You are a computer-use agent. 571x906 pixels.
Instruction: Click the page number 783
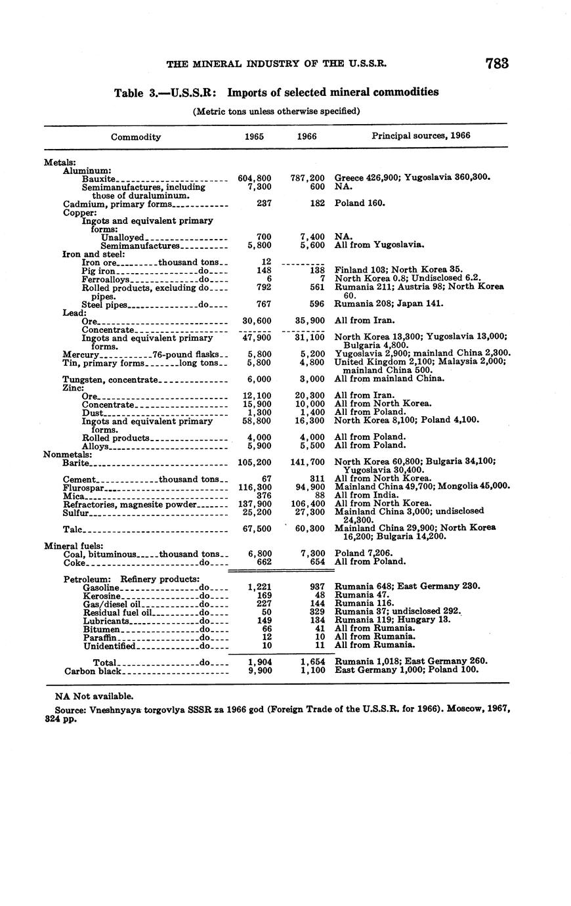497,64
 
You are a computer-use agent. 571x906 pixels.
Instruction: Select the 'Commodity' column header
136,137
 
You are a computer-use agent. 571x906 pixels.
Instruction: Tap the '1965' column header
254,137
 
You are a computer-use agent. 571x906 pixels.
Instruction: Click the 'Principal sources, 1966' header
421,136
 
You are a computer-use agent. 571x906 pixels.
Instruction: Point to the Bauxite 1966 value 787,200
308,178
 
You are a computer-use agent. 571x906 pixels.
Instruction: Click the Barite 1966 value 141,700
308,462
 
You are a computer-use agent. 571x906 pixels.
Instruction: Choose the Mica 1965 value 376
263,496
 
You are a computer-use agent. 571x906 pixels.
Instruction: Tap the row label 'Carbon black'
93,671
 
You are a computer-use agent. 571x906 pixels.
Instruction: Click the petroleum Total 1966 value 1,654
312,662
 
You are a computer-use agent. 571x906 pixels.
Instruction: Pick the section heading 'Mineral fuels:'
70,546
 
